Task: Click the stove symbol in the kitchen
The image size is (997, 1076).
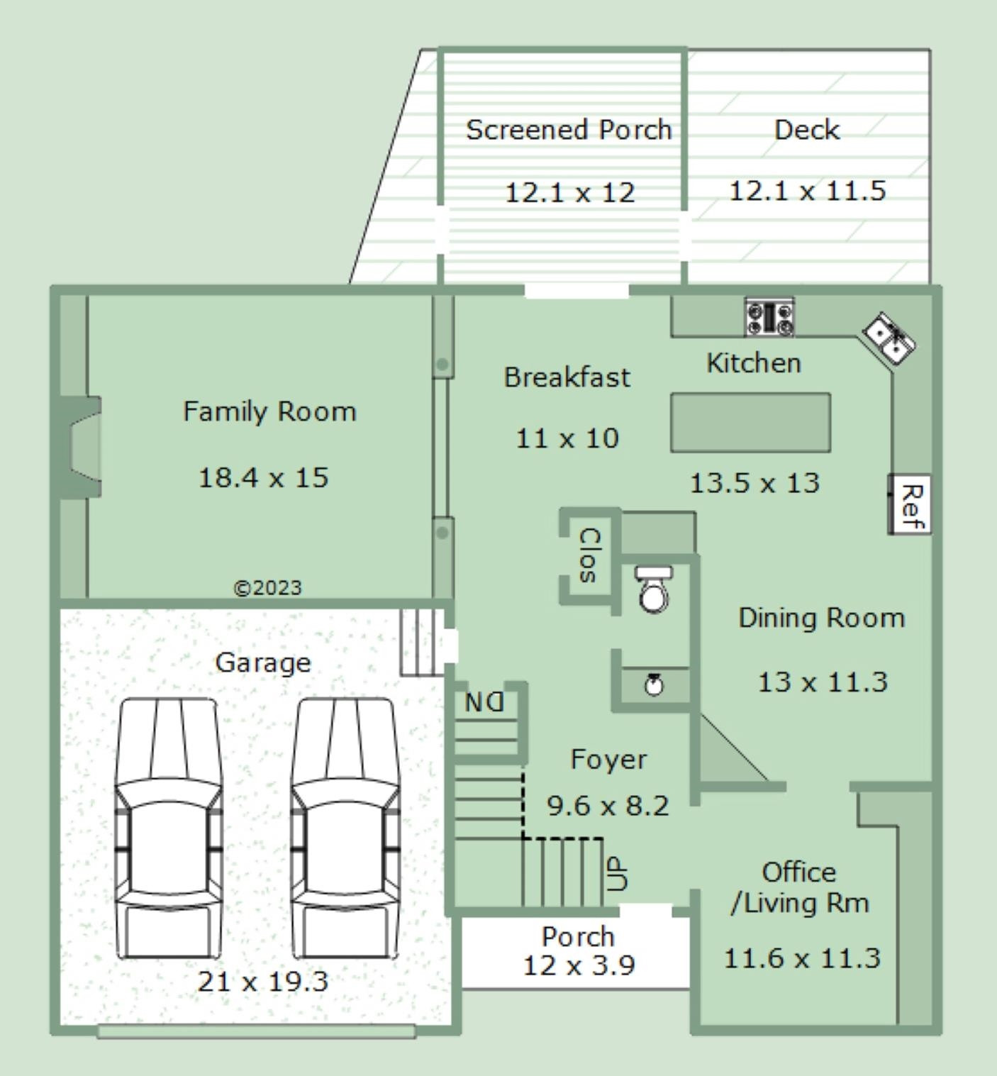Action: coord(769,317)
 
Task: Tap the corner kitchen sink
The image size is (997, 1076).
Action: coord(889,338)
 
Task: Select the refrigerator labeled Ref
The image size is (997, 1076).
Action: coord(910,504)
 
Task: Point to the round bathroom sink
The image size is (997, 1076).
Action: coord(654,685)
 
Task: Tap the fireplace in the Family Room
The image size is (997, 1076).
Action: coord(82,447)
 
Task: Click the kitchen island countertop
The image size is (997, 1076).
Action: coord(750,423)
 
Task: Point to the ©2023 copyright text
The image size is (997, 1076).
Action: coord(267,588)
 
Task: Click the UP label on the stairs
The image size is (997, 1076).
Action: coord(617,873)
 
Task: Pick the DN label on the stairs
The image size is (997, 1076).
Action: coord(484,703)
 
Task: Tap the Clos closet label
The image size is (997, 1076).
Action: coord(589,555)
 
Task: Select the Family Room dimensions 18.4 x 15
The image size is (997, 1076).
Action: coord(263,478)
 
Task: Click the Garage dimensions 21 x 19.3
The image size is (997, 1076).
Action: coord(263,982)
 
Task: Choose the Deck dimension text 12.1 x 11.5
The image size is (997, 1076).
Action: coord(808,192)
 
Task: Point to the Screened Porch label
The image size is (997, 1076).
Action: coord(569,130)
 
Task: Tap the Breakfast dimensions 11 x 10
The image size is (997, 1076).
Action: coord(567,438)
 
